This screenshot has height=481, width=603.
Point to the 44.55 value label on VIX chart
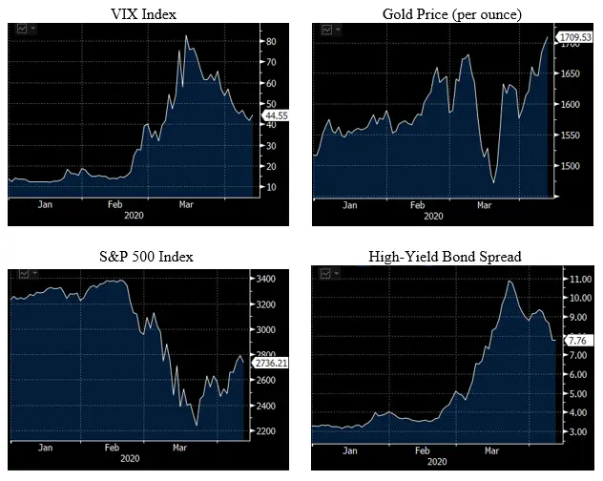[277, 115]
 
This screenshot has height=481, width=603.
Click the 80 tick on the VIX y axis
[271, 42]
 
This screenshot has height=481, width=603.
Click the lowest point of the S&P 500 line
[197, 426]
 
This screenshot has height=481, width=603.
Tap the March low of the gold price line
[493, 182]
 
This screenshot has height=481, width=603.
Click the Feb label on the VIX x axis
[115, 205]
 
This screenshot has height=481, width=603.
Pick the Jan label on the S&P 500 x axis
[45, 447]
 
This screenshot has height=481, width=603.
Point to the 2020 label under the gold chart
[434, 217]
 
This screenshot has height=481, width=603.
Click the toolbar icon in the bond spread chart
[327, 275]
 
